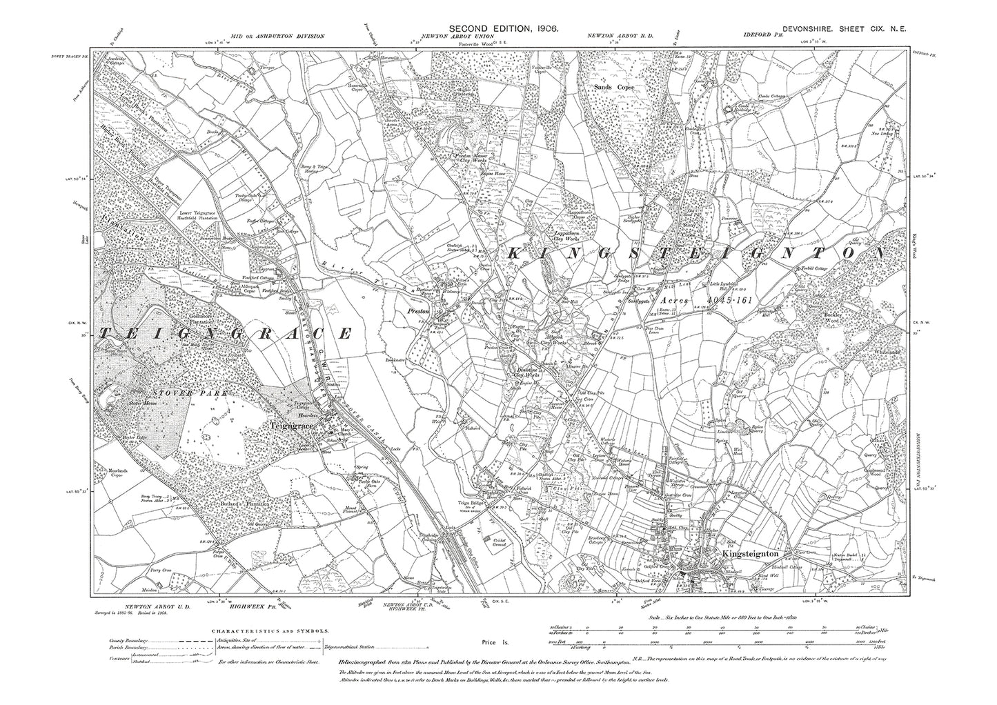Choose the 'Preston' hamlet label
pos(417,312)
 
